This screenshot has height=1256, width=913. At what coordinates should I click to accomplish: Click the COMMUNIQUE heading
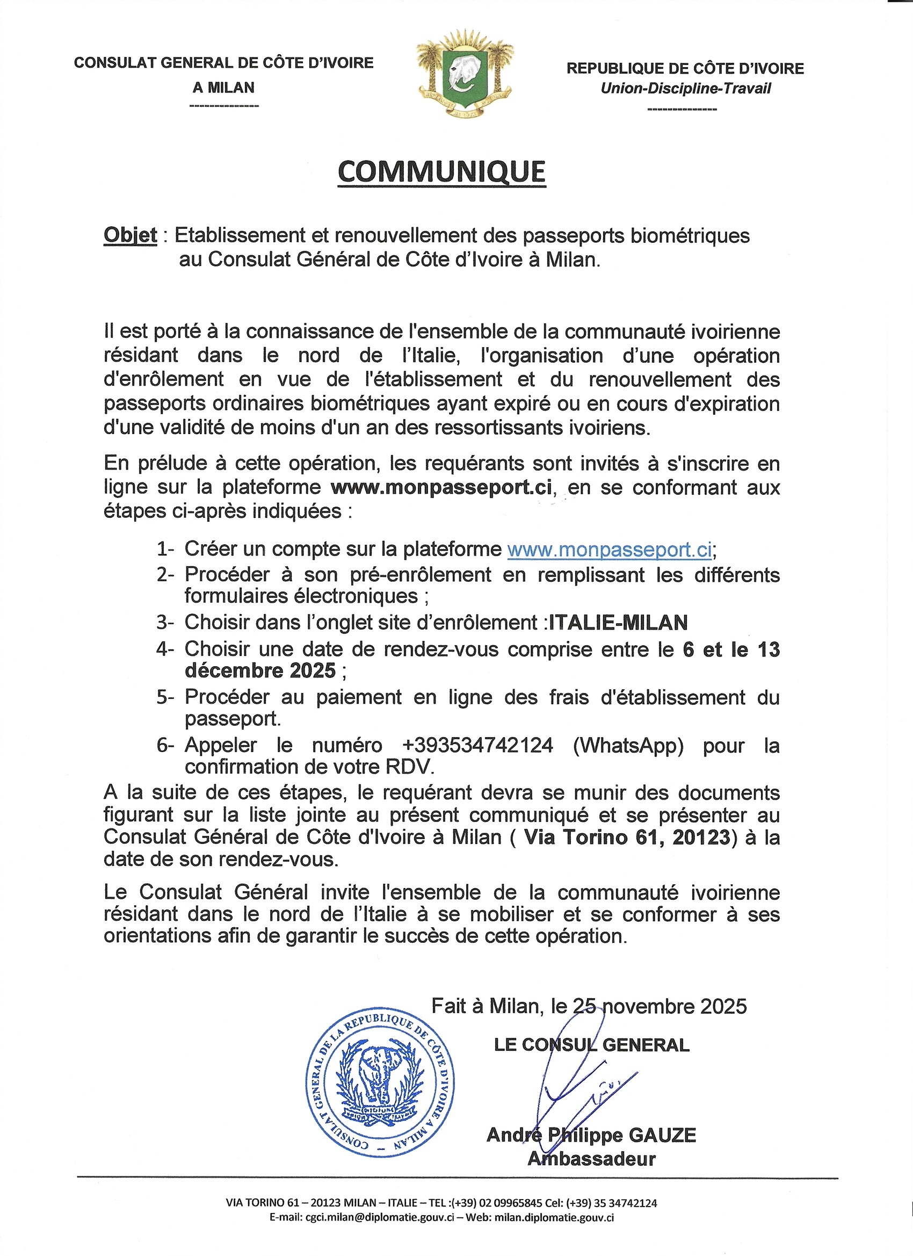pyautogui.click(x=441, y=172)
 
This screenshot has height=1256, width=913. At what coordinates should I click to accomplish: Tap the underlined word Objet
pyautogui.click(x=130, y=235)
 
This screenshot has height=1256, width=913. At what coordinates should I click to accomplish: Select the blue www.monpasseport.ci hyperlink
pyautogui.click(x=609, y=549)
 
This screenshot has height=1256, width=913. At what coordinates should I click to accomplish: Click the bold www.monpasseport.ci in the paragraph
pyautogui.click(x=441, y=487)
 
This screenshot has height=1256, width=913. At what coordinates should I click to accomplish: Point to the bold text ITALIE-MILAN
pyautogui.click(x=618, y=623)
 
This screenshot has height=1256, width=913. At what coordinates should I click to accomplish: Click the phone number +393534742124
pyautogui.click(x=479, y=745)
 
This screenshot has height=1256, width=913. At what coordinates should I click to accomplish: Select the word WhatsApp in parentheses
pyautogui.click(x=628, y=745)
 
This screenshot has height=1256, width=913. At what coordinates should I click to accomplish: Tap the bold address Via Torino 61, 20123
pyautogui.click(x=627, y=837)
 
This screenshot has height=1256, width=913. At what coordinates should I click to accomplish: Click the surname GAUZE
pyautogui.click(x=663, y=1135)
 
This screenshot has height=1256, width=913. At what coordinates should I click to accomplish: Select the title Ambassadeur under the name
pyautogui.click(x=591, y=1158)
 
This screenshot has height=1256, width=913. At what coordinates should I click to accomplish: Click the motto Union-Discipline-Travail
pyautogui.click(x=685, y=89)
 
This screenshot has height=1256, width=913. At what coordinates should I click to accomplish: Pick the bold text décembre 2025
pyautogui.click(x=260, y=670)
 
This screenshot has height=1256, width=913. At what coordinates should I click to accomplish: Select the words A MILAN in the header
pyautogui.click(x=223, y=88)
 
